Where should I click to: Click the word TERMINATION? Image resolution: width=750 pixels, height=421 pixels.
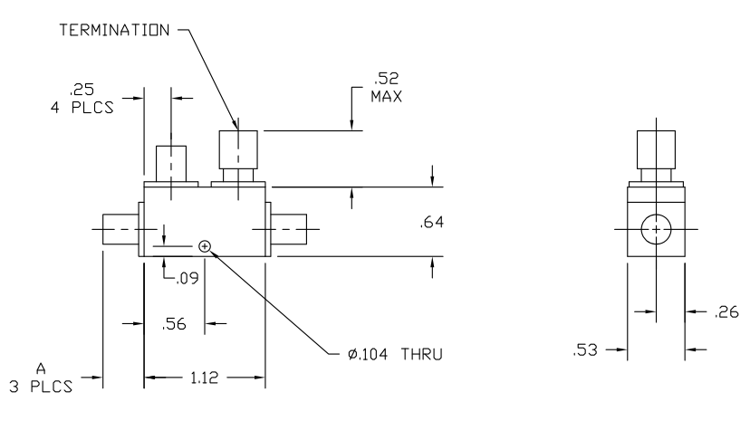[113, 30]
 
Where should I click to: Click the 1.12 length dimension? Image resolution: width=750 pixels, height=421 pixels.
[205, 375]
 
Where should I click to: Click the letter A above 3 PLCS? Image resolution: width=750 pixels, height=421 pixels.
[40, 369]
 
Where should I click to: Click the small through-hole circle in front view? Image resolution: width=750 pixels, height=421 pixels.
[205, 244]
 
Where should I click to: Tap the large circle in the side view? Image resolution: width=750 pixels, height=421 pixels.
[653, 231]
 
